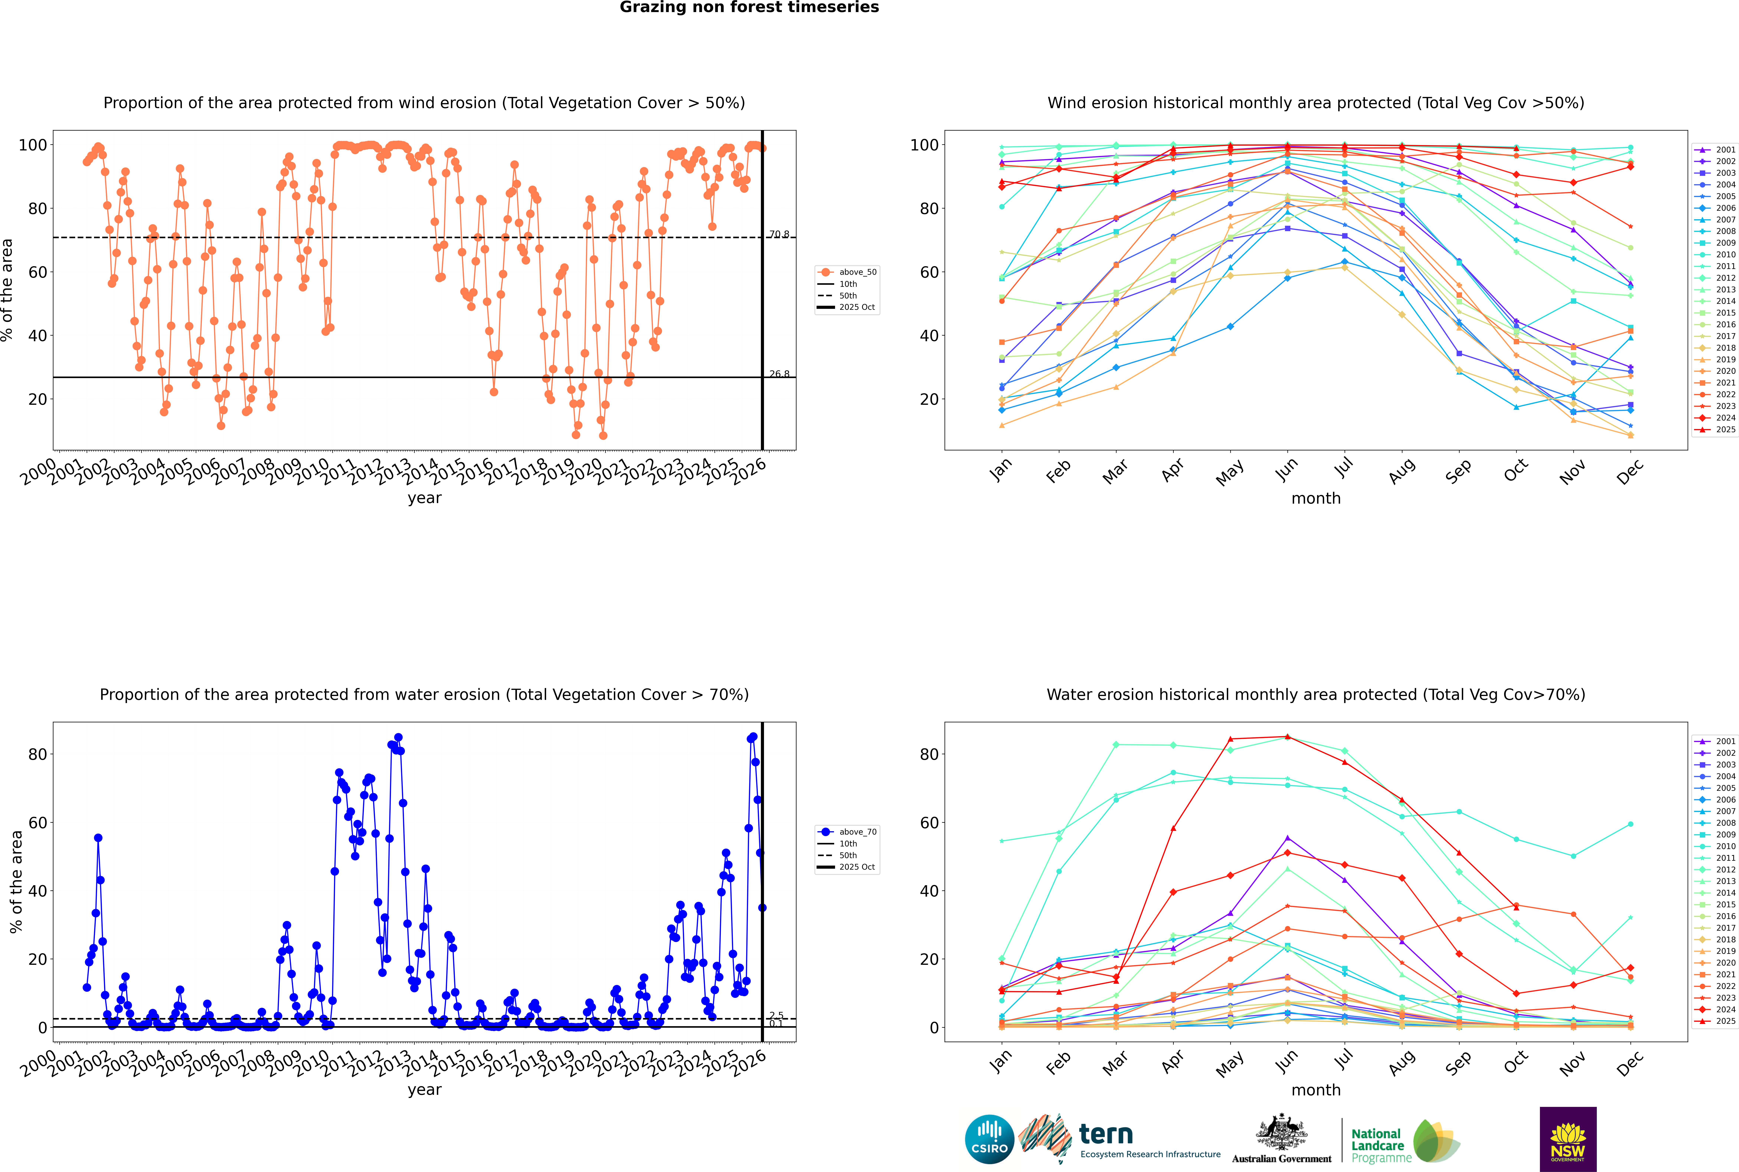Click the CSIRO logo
(x=989, y=1139)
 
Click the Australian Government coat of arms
(x=1281, y=1139)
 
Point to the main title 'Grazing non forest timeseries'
(x=749, y=7)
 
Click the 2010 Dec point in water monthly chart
(x=1631, y=824)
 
